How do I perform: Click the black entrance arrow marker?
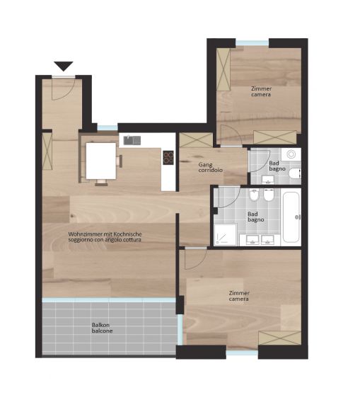64,66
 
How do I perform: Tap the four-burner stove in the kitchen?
168,158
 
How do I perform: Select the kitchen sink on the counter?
132,140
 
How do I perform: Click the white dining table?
101,161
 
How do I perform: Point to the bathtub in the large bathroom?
291,217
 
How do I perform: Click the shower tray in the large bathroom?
226,235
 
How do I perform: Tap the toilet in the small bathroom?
295,173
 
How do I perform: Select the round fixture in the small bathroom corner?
291,154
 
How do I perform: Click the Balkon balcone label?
102,328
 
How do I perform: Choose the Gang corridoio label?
210,168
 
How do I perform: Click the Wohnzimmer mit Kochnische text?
105,234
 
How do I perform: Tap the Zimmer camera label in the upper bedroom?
261,91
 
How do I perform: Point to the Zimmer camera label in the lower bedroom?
239,296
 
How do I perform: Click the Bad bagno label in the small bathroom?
277,166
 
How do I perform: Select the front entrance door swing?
63,88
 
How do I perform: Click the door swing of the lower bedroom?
196,259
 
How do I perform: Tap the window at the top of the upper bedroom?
252,43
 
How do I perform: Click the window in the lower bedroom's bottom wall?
242,352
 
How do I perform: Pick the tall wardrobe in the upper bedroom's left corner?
223,69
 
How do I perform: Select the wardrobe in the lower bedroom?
280,338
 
